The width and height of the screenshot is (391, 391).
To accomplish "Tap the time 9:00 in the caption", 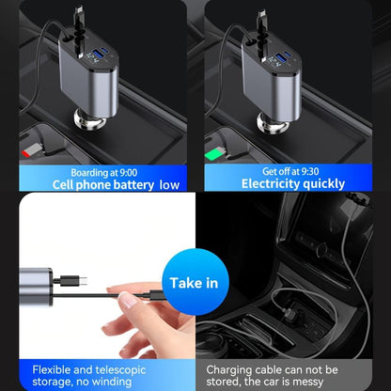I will tap(124, 171).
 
